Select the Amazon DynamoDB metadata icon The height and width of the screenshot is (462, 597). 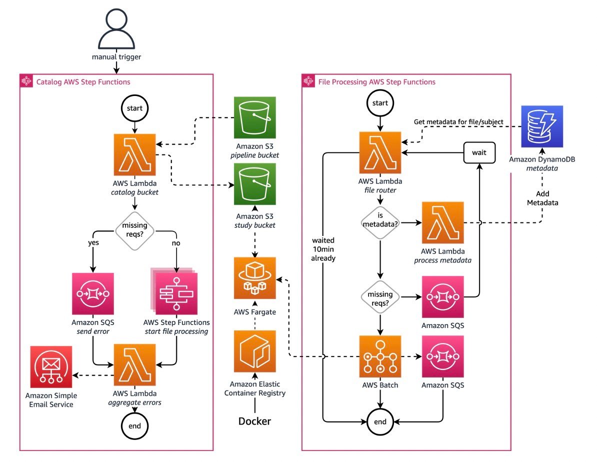541,126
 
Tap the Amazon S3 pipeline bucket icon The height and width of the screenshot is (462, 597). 254,117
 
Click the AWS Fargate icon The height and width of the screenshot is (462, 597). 254,278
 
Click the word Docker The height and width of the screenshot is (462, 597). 254,421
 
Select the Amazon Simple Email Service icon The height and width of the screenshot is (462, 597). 50,365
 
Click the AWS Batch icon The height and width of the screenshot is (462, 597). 380,356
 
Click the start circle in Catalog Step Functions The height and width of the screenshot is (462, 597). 134,108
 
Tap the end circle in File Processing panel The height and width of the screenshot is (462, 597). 380,421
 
